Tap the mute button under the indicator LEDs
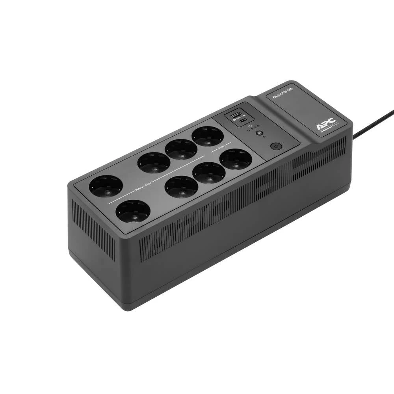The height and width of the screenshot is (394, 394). coord(259,133)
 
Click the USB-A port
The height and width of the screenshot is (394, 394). coord(237,115)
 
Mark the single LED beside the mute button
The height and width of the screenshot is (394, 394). coord(264,137)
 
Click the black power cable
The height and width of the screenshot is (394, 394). coord(372,124)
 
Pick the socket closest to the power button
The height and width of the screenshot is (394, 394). coord(236,159)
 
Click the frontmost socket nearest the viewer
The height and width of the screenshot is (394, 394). coord(133,212)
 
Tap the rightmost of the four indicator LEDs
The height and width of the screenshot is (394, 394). coord(258,126)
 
